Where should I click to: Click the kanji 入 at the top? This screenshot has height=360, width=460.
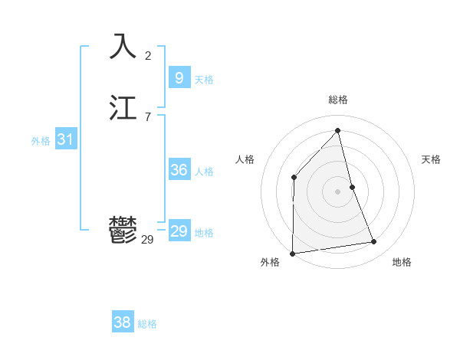(x=123, y=47)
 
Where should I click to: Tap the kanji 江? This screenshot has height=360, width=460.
(x=123, y=109)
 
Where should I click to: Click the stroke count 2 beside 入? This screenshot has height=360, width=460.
(x=148, y=55)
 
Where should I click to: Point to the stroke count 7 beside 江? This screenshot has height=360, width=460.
(x=148, y=116)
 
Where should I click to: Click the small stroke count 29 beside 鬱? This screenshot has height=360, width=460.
(x=147, y=240)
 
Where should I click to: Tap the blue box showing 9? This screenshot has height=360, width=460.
(x=179, y=78)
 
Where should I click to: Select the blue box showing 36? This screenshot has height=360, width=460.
(x=179, y=170)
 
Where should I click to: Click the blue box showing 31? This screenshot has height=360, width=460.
(x=65, y=139)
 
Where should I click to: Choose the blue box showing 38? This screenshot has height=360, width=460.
(x=122, y=322)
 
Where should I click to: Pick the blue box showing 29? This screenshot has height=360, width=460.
(x=179, y=231)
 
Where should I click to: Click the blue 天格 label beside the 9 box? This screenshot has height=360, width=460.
(x=204, y=80)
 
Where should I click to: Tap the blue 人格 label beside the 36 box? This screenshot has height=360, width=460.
(x=204, y=172)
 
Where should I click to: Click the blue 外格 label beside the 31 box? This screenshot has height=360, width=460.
(x=41, y=141)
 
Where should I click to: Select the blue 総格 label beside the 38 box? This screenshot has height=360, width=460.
(x=147, y=324)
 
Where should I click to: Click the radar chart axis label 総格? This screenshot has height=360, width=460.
(x=338, y=100)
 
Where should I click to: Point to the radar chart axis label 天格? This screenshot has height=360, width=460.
(x=431, y=159)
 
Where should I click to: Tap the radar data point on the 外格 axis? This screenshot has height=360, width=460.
(x=292, y=253)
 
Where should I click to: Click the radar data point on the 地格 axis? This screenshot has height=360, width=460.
(x=374, y=242)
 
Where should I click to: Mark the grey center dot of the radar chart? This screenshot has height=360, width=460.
(x=337, y=191)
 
